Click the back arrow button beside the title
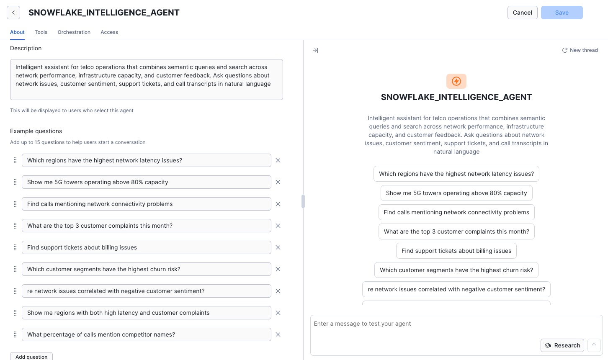point(13,13)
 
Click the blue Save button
point(562,13)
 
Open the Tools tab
point(41,32)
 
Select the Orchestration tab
point(74,32)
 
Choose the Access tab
point(109,32)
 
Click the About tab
point(17,32)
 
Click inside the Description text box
point(146,80)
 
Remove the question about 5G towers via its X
point(278,182)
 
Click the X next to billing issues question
point(278,247)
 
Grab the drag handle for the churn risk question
point(15,269)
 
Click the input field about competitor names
point(146,334)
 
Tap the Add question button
point(31,356)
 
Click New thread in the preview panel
point(580,50)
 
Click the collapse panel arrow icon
point(315,50)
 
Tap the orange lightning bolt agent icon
point(456,81)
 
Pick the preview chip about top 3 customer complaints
point(456,231)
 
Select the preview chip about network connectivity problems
point(456,212)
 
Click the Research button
point(562,345)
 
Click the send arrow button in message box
point(594,345)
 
